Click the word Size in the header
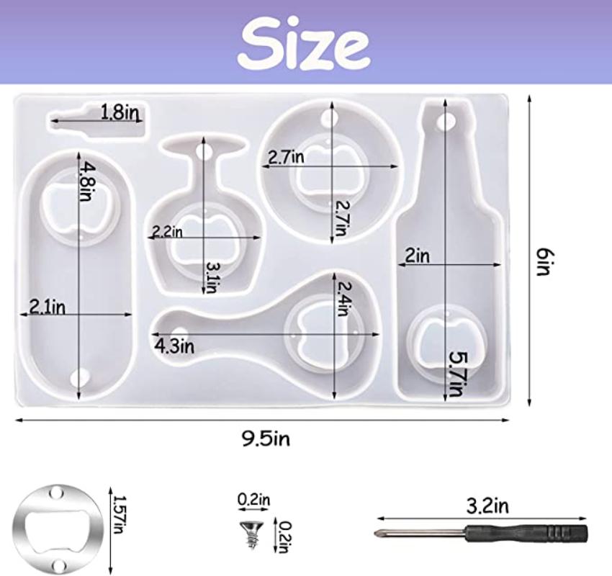click(304, 42)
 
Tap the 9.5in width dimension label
click(266, 439)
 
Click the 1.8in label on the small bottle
click(120, 112)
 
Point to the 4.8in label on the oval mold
click(86, 182)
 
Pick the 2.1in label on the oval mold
click(48, 308)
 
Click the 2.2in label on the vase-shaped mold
click(167, 232)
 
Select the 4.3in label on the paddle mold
click(174, 346)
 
